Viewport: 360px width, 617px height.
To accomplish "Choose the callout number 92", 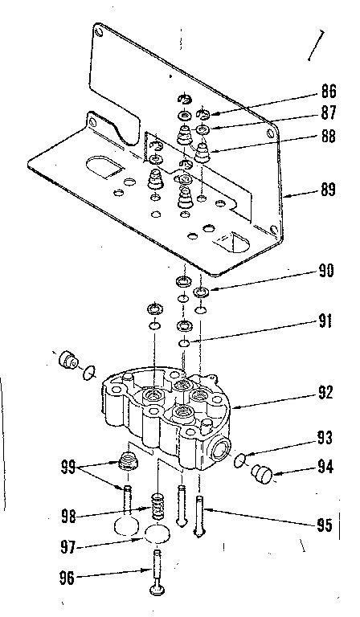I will coord(325,394).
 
